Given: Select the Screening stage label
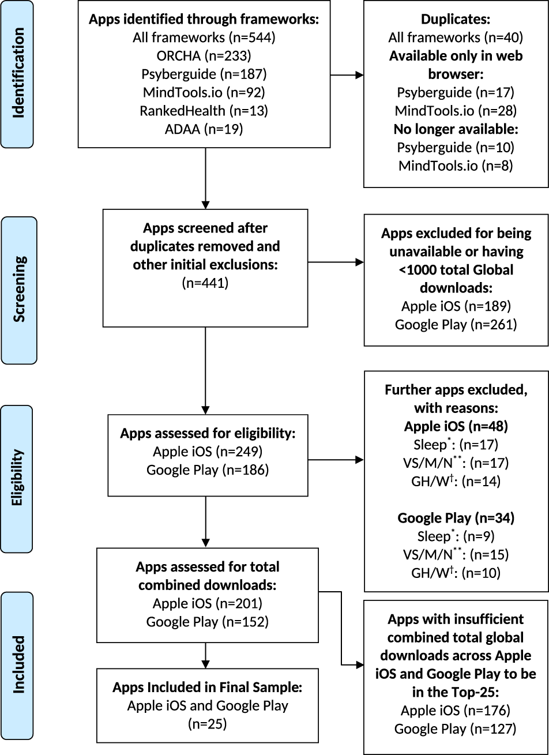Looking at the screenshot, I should pos(19,290).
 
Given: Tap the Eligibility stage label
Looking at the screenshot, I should pos(19,478).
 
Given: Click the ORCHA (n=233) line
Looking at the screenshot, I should pos(204,55).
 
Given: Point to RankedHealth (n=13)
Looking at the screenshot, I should pos(204,111).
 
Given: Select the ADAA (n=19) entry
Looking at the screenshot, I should pos(204,129).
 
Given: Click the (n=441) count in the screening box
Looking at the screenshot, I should pos(205,283).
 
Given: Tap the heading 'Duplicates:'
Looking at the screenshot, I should pos(455,19).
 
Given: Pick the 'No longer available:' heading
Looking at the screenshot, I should pos(455,129).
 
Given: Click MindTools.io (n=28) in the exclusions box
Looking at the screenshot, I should pos(455,110).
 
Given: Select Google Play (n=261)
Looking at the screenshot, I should pos(456,324).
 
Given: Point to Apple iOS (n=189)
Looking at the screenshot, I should pos(456,306).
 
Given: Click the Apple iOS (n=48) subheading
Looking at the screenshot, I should pos(456,426).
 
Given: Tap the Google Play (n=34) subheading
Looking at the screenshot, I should pos(456,518).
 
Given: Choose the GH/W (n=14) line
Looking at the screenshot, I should pos(456,481).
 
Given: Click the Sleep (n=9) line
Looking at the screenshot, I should pos(456,536).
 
